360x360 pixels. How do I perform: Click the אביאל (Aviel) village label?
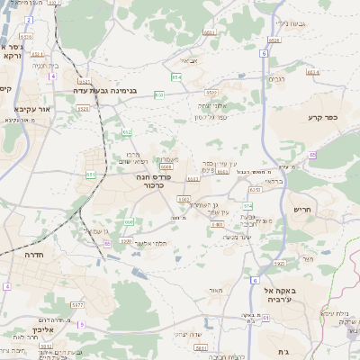[x=189, y=60]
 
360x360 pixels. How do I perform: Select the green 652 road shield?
[x=128, y=131]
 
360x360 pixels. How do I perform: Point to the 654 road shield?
[x=176, y=77]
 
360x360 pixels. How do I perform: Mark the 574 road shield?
[x=247, y=206]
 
